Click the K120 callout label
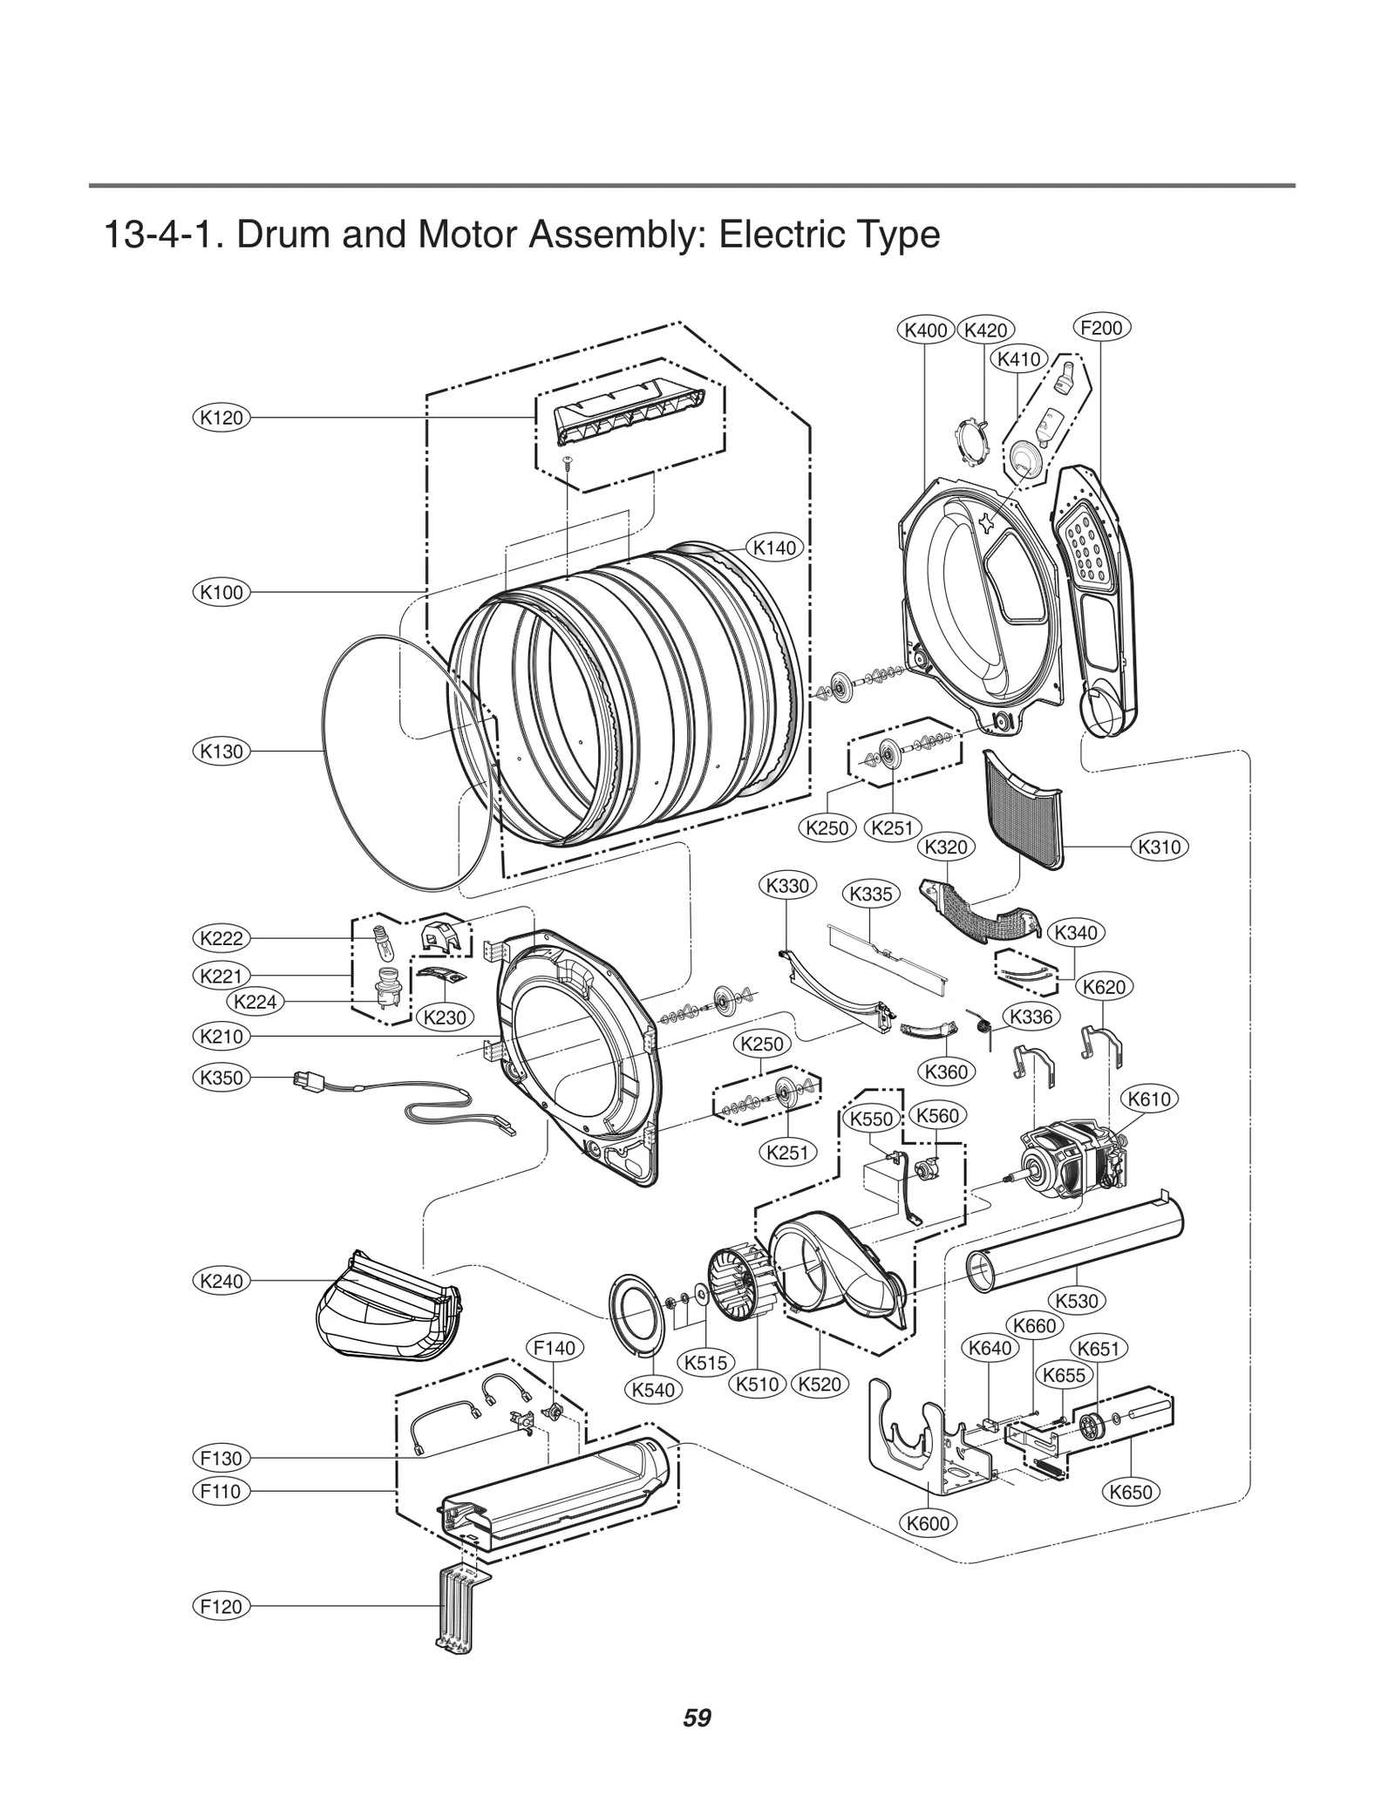click(x=221, y=418)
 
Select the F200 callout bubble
click(x=1100, y=328)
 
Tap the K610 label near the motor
click(x=1148, y=1099)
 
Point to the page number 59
click(x=697, y=1743)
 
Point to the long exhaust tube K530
click(x=1074, y=1247)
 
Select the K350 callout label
click(x=221, y=1077)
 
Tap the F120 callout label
click(x=221, y=1606)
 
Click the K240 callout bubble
click(x=221, y=1280)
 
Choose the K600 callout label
click(x=927, y=1523)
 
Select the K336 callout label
click(x=1031, y=1016)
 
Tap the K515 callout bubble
click(x=705, y=1362)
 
